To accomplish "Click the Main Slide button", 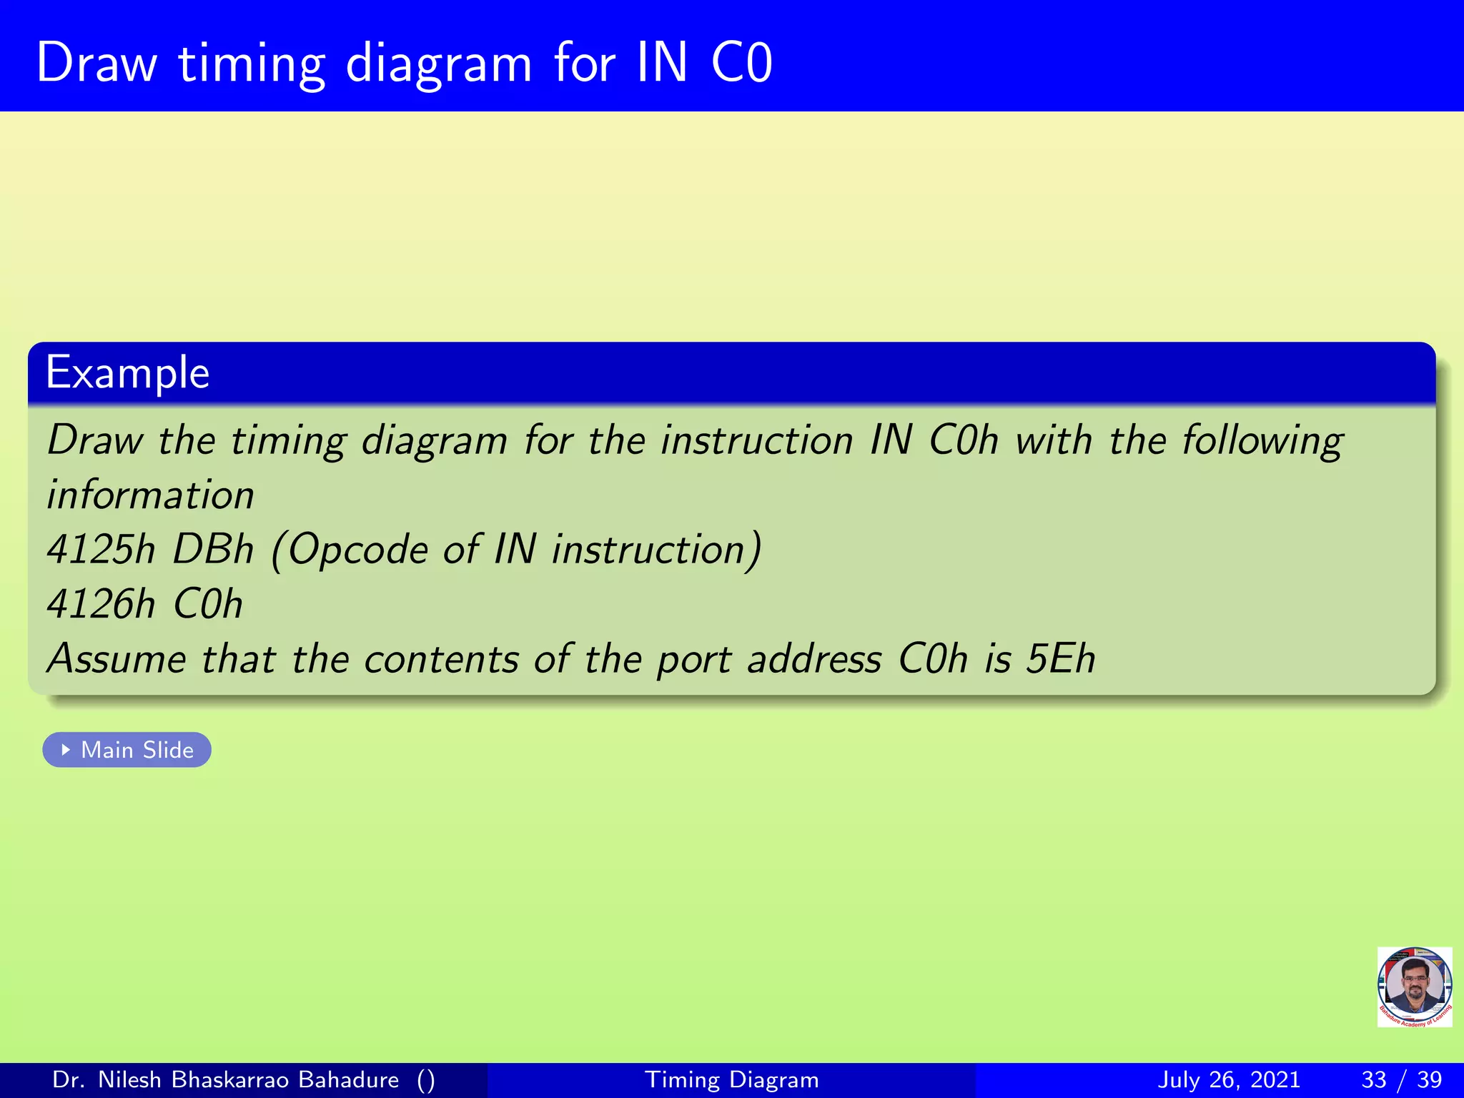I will tap(127, 750).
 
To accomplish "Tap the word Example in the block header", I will tap(127, 372).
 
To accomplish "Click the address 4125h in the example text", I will tap(101, 550).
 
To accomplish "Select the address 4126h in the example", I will tap(101, 604).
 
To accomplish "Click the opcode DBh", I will tap(213, 550).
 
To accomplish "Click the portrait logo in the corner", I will tap(1414, 986).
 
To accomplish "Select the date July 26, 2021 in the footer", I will tap(1228, 1079).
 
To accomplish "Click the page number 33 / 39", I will tap(1401, 1079).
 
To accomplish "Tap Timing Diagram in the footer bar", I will tap(731, 1079).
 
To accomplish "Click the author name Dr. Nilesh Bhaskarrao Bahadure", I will tap(226, 1079).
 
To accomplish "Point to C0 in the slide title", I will tap(741, 63).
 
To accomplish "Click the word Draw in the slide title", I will tap(97, 63).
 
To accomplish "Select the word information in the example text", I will tap(150, 495).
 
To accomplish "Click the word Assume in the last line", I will tap(117, 658).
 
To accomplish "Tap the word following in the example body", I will tap(1262, 440).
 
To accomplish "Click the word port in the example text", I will tap(693, 660).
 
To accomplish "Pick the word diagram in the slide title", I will tap(439, 64).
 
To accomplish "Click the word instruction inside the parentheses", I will tap(656, 550).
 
